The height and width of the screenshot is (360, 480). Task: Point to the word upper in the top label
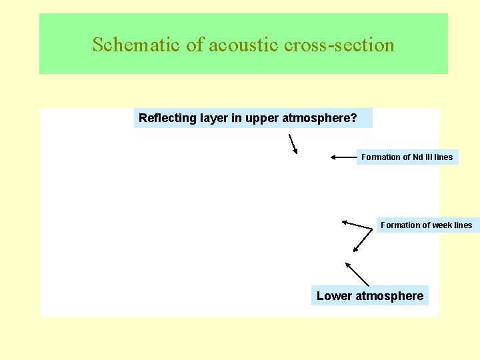pos(261,119)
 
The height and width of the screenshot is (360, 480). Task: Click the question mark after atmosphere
pos(353,119)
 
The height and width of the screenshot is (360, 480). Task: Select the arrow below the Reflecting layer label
pos(292,143)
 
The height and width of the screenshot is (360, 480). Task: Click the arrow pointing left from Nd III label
pos(343,157)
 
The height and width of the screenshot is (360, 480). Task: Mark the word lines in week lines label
pos(463,225)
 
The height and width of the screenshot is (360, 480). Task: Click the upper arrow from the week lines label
pos(357,224)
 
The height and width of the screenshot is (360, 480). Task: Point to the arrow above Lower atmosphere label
pos(357,273)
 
